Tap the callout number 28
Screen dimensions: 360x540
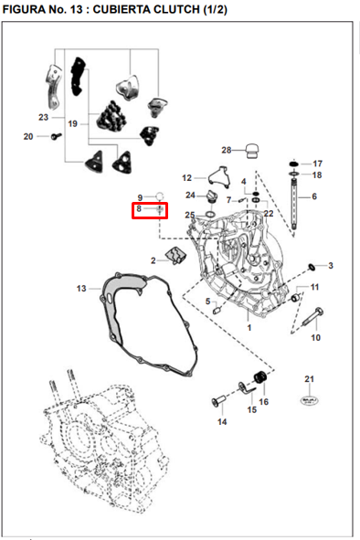click(x=227, y=150)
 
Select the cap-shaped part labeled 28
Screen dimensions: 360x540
click(x=252, y=151)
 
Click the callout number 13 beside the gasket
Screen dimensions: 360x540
click(x=81, y=288)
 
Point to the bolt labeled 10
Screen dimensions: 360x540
click(x=312, y=317)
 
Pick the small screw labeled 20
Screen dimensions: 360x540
click(x=56, y=136)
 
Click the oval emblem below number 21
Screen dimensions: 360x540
click(x=310, y=400)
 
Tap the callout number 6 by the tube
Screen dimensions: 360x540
click(x=314, y=196)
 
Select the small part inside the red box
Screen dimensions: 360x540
click(x=160, y=209)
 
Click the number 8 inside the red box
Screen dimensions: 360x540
click(x=139, y=208)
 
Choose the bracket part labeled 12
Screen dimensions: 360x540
click(x=218, y=176)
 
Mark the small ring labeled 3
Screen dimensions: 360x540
click(x=311, y=267)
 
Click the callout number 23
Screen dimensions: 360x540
click(x=43, y=117)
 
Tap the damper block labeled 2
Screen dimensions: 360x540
click(x=176, y=256)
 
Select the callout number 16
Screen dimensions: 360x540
click(x=263, y=401)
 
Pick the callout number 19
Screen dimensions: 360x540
click(x=72, y=123)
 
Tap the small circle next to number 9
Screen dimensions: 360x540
click(x=160, y=196)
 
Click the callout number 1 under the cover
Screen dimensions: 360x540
click(x=249, y=327)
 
